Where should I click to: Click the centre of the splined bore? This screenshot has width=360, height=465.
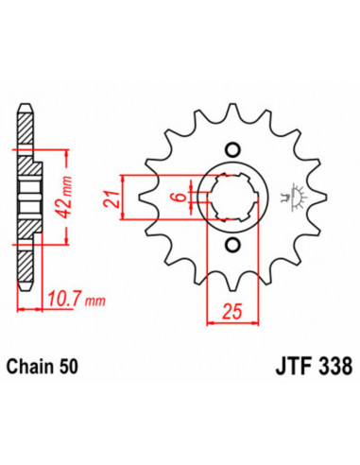click(x=231, y=198)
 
